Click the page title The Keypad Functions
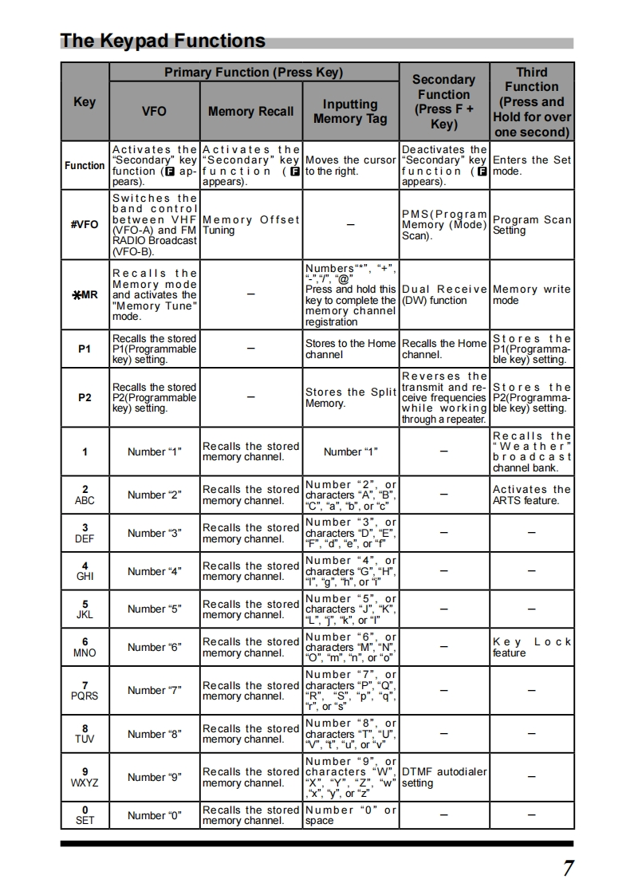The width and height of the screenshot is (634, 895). (x=163, y=41)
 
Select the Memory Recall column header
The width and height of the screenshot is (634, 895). (x=250, y=112)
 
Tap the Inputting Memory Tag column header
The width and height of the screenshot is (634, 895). (x=350, y=112)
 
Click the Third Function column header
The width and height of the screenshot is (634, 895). (x=531, y=101)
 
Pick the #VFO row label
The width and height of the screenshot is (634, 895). (x=85, y=225)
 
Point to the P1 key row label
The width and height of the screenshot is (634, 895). (x=85, y=349)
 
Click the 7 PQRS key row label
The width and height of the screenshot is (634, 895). (x=85, y=690)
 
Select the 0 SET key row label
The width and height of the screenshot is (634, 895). (x=85, y=814)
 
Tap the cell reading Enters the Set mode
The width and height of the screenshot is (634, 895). (x=531, y=165)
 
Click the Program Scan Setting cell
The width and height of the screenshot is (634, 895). (x=531, y=225)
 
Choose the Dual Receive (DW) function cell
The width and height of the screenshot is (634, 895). (x=443, y=295)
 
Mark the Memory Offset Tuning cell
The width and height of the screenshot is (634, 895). (x=250, y=225)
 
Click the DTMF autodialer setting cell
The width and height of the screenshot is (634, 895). (x=443, y=777)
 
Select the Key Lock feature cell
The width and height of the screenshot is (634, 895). (x=531, y=647)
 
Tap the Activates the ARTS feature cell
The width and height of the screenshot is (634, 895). (x=531, y=495)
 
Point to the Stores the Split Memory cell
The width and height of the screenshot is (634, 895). (x=350, y=397)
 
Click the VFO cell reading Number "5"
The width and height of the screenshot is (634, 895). (x=154, y=609)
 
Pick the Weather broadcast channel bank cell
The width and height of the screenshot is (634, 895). (x=531, y=452)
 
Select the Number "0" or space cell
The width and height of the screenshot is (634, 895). (x=350, y=815)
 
